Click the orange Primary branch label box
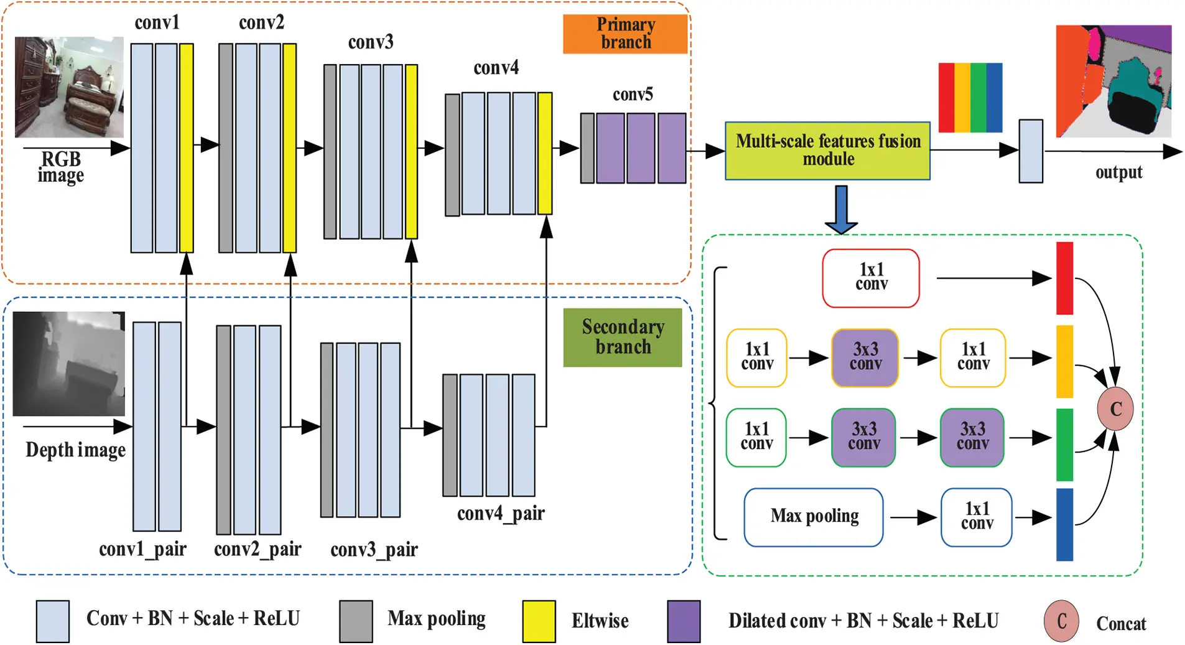625,34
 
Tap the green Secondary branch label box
622,337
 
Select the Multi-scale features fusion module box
827,151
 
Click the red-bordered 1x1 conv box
870,278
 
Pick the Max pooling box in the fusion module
813,517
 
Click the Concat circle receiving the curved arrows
1115,408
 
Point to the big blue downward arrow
841,209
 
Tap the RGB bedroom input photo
69,87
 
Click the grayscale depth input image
68,364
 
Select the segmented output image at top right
1113,81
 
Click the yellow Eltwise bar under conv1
186,148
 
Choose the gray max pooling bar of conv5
587,148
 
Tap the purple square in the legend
683,621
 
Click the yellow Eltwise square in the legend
538,621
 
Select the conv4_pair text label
501,514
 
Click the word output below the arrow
1118,172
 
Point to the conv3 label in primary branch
371,42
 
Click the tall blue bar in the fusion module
1064,524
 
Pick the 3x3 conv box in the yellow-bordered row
865,357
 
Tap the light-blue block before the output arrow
1030,151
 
